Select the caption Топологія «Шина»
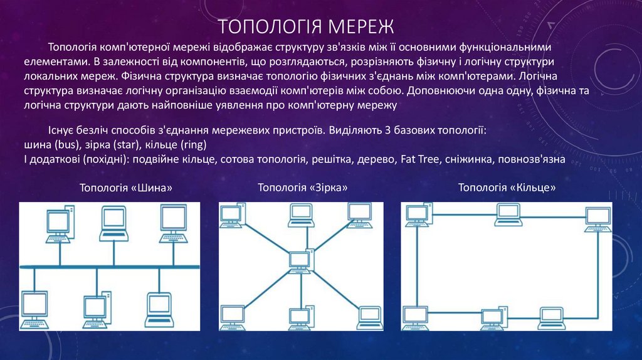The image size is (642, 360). click(x=126, y=188)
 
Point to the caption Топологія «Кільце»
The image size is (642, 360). click(x=507, y=188)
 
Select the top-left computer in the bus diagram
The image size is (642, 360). click(x=58, y=226)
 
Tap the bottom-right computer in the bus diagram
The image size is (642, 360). click(x=157, y=310)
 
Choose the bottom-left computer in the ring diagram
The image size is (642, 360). click(x=415, y=317)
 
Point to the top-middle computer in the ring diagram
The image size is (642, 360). click(x=508, y=214)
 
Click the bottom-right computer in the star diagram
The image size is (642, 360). click(x=369, y=317)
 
